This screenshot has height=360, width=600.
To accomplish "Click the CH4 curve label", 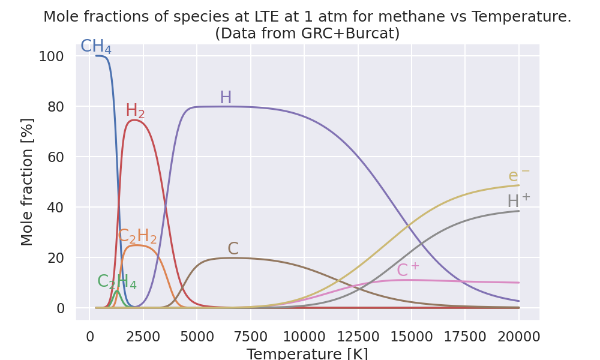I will [x=96, y=47].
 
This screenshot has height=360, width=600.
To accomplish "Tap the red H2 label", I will [x=135, y=111].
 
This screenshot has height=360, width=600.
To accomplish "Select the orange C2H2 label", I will [x=137, y=236].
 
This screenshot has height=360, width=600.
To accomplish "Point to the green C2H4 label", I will [x=117, y=281].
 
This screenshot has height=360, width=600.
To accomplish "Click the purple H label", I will [x=226, y=98].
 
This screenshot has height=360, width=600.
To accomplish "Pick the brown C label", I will [x=233, y=249].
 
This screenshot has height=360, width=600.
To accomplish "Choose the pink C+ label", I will [x=408, y=271].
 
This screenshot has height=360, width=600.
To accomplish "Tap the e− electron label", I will [x=519, y=176].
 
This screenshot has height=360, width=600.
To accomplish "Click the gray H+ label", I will [x=518, y=201].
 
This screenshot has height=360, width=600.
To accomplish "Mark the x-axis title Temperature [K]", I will [x=307, y=353].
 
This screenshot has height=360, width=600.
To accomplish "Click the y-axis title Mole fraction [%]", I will [x=28, y=182].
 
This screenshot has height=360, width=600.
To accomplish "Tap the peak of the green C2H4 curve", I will [x=117, y=291].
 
